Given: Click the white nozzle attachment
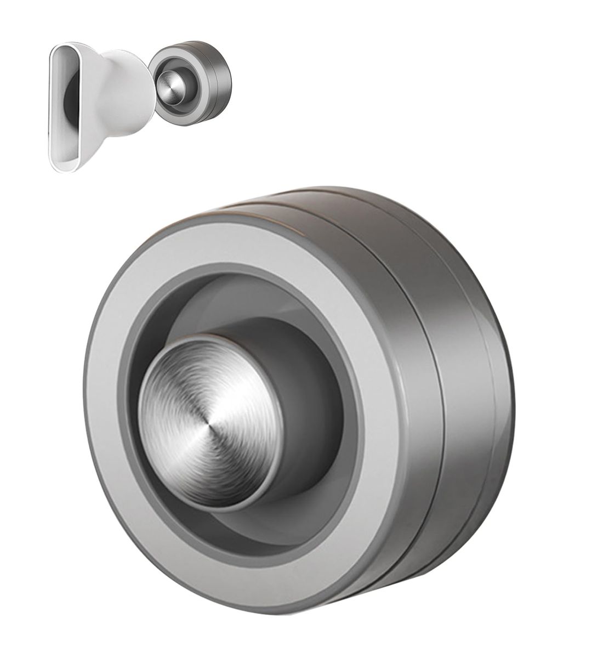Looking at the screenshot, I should tap(110, 104).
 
